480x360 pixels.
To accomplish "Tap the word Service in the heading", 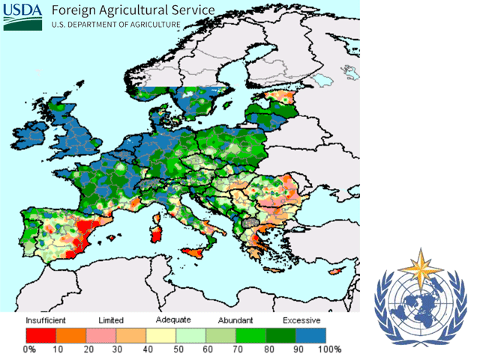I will coord(188,10).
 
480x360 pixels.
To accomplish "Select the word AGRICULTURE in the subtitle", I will coord(151,25).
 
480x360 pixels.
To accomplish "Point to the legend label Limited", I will coord(110,320).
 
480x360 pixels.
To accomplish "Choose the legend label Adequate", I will coord(173,320).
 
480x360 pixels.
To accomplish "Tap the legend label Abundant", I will coord(235,320).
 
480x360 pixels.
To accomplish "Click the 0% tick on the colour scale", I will coord(29,349).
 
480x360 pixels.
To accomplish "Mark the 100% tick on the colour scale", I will coord(330,349).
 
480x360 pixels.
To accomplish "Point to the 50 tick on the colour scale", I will coord(177,349).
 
